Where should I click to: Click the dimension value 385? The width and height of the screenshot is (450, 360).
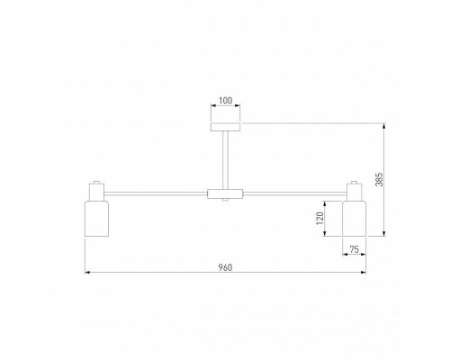tap(379, 180)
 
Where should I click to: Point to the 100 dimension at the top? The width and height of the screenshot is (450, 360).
tap(225, 101)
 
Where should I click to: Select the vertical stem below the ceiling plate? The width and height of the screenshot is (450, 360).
tap(225, 158)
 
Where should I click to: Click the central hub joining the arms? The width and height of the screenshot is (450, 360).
tap(225, 193)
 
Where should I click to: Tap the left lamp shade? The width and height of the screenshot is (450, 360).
tap(97, 220)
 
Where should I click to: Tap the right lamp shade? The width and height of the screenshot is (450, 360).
tap(355, 220)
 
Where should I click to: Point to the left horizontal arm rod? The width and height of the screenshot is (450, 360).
tap(155, 193)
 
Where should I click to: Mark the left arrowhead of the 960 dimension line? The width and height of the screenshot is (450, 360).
tap(87, 271)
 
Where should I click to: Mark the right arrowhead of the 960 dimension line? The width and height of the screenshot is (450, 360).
tap(364, 271)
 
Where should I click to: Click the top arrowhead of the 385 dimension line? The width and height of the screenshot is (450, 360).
tap(386, 123)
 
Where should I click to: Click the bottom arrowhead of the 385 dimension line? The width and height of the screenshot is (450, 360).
tap(386, 235)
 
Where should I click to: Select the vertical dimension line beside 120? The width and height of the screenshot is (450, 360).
tap(330, 220)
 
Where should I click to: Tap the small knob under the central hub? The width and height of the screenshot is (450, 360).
tap(225, 202)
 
